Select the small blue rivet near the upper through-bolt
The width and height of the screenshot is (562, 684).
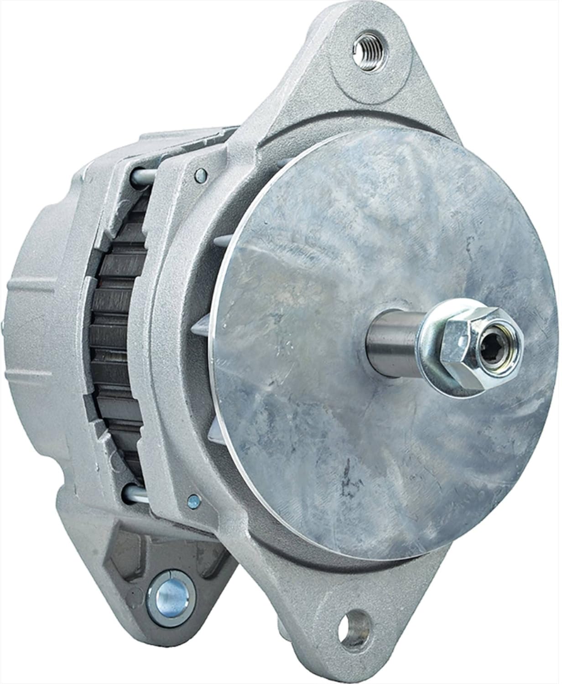199,173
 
